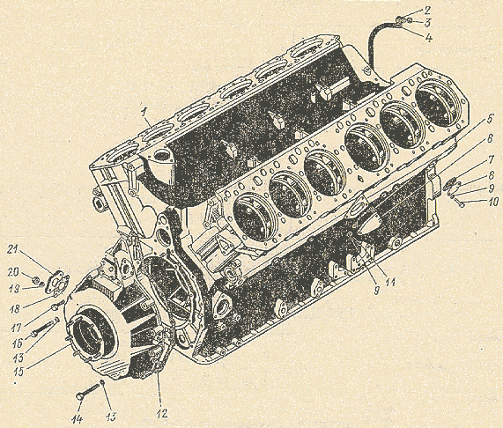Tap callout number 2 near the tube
[426, 11]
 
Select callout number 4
[429, 39]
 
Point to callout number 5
[489, 120]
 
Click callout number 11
[391, 282]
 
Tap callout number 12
[162, 413]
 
